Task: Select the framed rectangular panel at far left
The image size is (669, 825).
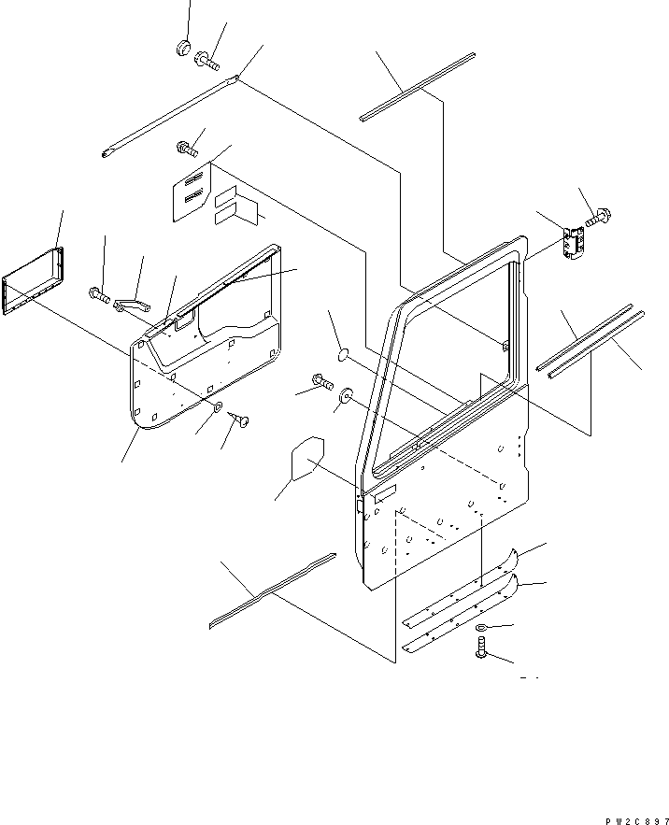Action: pyautogui.click(x=35, y=281)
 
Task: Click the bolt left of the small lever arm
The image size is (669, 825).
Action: pyautogui.click(x=100, y=296)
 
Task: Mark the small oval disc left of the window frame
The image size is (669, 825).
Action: pyautogui.click(x=342, y=354)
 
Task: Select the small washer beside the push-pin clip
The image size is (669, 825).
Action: pyautogui.click(x=217, y=406)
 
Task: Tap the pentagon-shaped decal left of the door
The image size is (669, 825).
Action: pyautogui.click(x=306, y=461)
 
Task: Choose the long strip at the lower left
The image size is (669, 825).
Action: pyautogui.click(x=271, y=590)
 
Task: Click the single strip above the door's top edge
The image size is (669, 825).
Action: pyautogui.click(x=418, y=87)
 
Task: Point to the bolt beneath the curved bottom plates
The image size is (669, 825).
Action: pyautogui.click(x=480, y=646)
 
